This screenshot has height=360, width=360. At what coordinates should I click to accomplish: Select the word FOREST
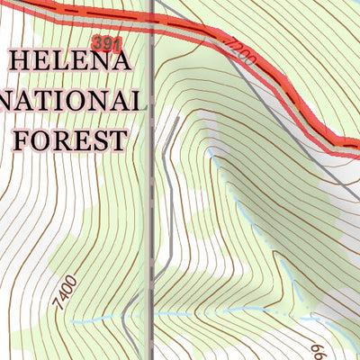point(70,139)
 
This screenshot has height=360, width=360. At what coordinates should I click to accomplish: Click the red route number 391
point(105,43)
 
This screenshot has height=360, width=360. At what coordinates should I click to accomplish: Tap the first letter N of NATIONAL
point(11,101)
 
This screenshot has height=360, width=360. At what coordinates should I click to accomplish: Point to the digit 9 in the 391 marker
point(105,43)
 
